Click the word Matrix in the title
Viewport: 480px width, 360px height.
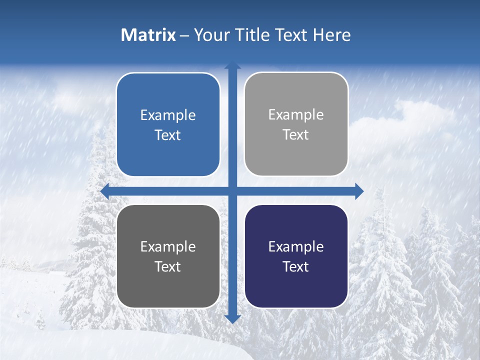148,35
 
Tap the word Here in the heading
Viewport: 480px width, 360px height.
331,35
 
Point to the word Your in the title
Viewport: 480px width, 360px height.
211,35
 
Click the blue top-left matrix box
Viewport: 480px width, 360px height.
168,124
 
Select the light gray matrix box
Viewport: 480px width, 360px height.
296,124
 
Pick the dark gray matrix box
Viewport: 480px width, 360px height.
168,256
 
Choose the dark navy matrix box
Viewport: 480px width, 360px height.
296,256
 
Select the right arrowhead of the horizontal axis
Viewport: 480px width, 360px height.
358,191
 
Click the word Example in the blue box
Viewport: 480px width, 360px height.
168,115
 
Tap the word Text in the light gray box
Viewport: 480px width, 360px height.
296,134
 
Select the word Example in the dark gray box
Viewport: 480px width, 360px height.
168,246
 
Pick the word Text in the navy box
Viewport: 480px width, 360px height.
296,266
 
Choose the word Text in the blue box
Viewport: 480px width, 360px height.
168,135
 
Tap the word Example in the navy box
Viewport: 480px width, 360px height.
296,246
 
